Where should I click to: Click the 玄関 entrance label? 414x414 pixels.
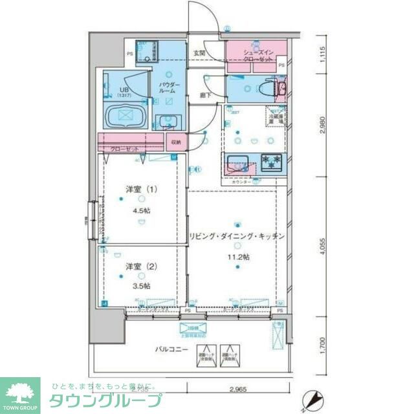pyautogui.click(x=199, y=53)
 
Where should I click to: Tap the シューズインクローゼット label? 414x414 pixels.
pyautogui.click(x=252, y=56)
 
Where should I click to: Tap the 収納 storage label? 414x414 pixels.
pyautogui.click(x=177, y=142)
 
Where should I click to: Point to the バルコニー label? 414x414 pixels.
pyautogui.click(x=171, y=349)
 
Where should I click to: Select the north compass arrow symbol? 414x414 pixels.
pyautogui.click(x=314, y=399)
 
